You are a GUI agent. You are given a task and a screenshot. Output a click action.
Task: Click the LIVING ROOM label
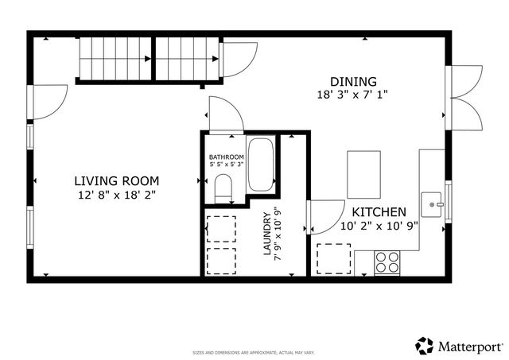(x=116, y=180)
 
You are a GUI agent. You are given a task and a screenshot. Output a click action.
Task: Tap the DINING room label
(x=353, y=81)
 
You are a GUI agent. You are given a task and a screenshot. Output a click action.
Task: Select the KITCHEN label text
(x=379, y=212)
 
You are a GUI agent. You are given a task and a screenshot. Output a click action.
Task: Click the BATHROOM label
(x=226, y=157)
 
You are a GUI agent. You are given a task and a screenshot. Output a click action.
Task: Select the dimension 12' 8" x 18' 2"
(x=116, y=194)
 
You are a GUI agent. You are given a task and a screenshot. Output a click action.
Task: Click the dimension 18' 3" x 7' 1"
(x=353, y=94)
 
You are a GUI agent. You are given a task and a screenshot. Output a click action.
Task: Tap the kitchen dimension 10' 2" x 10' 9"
(x=379, y=226)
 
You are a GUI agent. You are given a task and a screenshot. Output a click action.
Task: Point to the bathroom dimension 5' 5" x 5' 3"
(x=226, y=165)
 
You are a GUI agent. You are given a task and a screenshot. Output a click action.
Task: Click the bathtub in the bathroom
(x=260, y=165)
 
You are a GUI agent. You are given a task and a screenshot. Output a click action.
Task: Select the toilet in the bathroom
(x=223, y=188)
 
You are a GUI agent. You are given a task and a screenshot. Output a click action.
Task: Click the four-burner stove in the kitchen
(x=387, y=261)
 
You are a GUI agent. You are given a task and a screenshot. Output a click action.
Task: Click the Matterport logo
(x=460, y=346)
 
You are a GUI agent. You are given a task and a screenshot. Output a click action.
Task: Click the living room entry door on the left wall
(x=46, y=102)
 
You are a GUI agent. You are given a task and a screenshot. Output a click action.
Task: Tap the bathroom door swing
(x=223, y=114)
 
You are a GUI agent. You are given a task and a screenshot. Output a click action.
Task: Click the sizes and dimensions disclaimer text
(x=254, y=352)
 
